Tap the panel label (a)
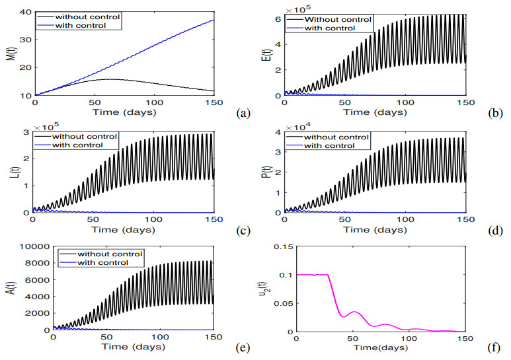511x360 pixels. click(242, 114)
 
